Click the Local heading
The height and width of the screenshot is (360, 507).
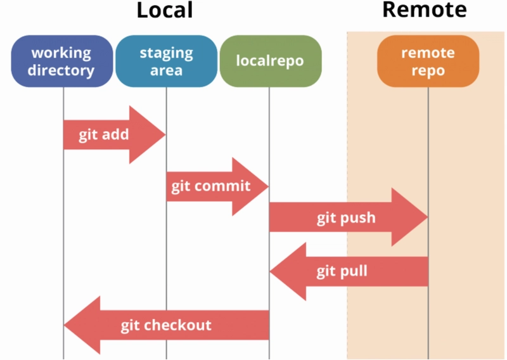pos(164,10)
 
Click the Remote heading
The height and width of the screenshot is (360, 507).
pos(424,10)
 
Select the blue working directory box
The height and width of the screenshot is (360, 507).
pos(61,61)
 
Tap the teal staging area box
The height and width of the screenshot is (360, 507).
pos(166,61)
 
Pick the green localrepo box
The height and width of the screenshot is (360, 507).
pos(270,61)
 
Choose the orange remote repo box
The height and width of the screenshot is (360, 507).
pos(428,61)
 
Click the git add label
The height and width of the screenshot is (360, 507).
pos(104,135)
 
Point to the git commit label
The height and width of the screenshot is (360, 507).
pos(211,186)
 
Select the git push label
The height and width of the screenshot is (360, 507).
pos(346,218)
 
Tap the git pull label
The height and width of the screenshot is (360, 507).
pos(342,272)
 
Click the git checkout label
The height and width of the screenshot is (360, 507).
pos(166,325)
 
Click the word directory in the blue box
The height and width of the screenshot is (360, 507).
pos(61,70)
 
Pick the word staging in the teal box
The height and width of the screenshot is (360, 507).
pos(166,52)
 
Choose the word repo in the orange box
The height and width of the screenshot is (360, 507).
pos(428,70)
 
